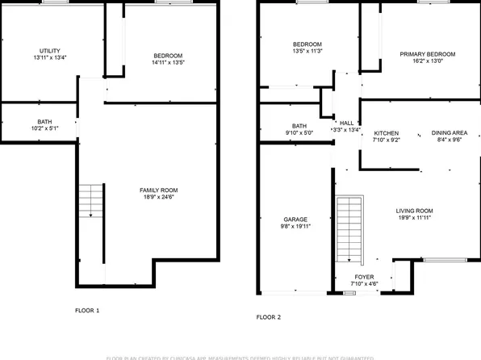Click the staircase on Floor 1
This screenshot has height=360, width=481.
[91, 201]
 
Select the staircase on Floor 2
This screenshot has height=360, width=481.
[349, 230]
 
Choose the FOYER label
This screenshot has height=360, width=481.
[364, 277]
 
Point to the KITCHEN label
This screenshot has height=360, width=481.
[387, 133]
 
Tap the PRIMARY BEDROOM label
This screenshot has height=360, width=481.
[428, 55]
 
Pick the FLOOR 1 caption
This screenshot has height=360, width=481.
[87, 309]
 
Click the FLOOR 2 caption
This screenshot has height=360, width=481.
[269, 317]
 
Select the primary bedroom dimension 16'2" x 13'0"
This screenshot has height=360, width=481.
[428, 63]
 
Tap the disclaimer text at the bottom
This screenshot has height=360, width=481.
[240, 356]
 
